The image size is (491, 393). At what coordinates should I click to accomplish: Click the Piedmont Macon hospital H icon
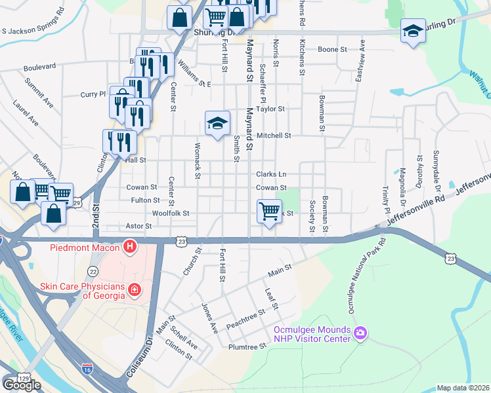pos(130,248)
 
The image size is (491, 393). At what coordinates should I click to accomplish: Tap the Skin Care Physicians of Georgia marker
pos(135,290)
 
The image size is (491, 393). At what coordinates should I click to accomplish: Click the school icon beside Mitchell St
pos(217,123)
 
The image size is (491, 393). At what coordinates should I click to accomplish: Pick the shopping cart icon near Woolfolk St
pos(269,212)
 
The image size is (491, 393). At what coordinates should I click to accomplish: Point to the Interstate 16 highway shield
pos(87,369)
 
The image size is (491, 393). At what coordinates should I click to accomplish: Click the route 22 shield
pos(93,271)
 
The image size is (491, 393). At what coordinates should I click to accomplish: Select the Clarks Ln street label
pos(271,174)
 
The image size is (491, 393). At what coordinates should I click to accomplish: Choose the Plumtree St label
pos(247,346)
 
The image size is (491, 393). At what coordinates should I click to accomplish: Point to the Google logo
pos(22,385)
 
